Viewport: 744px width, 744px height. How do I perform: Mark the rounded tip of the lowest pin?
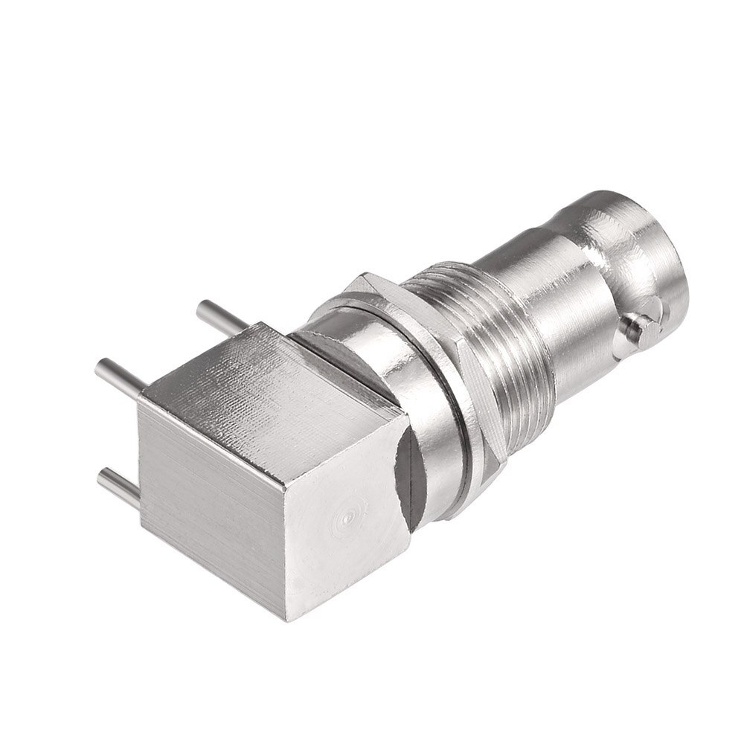coord(104,473)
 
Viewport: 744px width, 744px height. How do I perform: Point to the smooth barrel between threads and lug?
coord(551,290)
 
